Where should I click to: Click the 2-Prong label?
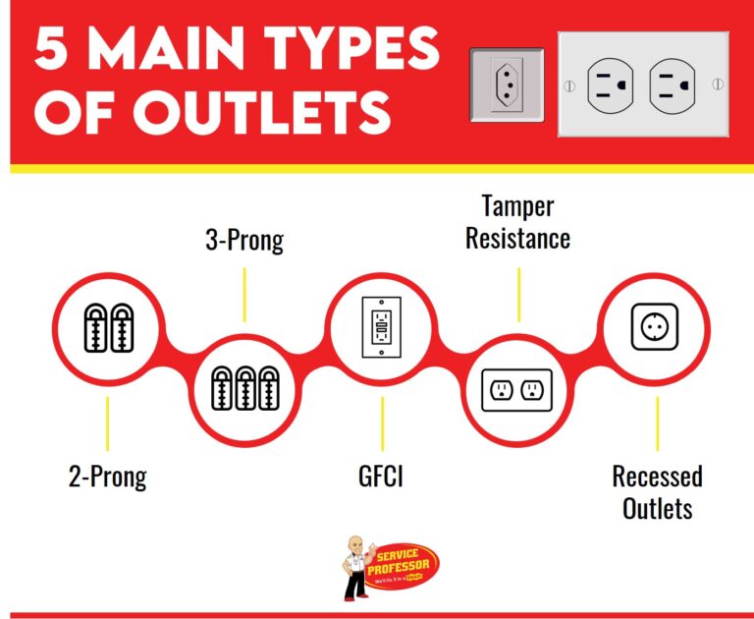point(107,478)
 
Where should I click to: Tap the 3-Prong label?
point(244,240)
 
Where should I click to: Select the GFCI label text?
point(381,478)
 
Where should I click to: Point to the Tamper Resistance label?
point(517,222)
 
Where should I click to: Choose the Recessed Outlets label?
point(657,492)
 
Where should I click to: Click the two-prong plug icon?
point(108,326)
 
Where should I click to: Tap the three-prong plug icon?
point(244,388)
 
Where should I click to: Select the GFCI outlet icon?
point(381,326)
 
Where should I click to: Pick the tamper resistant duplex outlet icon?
point(517,389)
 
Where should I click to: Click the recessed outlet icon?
point(655,326)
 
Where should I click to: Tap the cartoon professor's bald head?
point(356,545)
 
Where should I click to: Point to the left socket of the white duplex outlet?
point(611,84)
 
